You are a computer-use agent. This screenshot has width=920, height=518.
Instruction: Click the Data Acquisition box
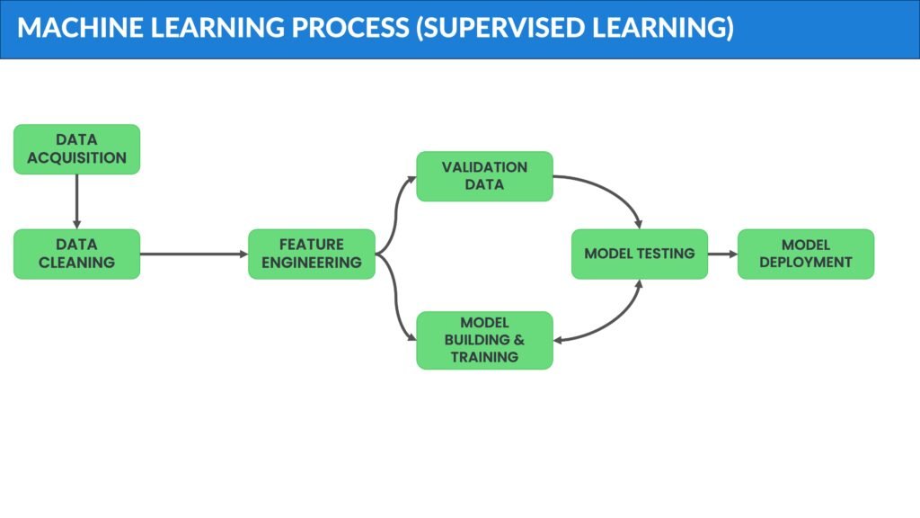click(76, 149)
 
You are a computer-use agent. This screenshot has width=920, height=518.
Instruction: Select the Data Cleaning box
click(76, 254)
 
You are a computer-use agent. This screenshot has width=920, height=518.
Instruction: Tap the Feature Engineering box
click(311, 254)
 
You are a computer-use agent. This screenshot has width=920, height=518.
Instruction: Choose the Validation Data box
click(484, 176)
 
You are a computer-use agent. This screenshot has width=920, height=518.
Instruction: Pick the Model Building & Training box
click(484, 340)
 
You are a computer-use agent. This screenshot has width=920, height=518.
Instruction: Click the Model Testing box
click(640, 254)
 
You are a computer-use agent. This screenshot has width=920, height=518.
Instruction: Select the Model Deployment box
click(805, 254)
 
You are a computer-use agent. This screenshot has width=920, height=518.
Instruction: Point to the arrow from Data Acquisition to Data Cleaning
click(76, 201)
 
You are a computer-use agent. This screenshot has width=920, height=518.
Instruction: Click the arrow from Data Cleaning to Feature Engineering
click(193, 254)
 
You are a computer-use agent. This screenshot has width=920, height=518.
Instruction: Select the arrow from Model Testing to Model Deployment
click(722, 254)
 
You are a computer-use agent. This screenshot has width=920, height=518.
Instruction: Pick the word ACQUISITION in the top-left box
click(76, 158)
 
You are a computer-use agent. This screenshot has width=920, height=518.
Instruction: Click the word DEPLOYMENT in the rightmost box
click(805, 263)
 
